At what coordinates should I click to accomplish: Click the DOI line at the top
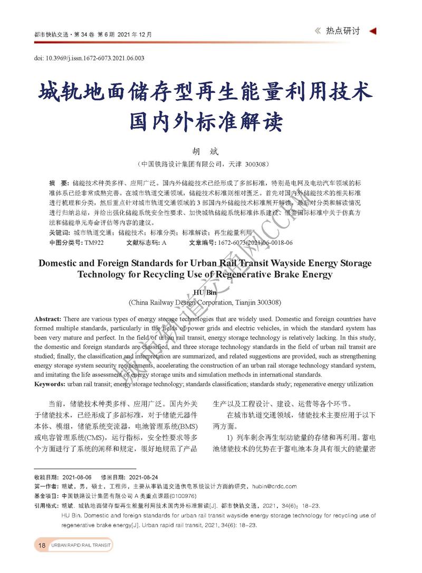coord(89,58)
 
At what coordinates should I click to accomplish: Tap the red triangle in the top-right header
coord(372,31)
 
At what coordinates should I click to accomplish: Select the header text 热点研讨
coord(342,31)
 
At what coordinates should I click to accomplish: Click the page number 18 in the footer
coord(42,545)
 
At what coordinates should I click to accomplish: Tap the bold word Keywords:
coord(50,384)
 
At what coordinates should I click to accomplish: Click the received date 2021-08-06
coord(77,476)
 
